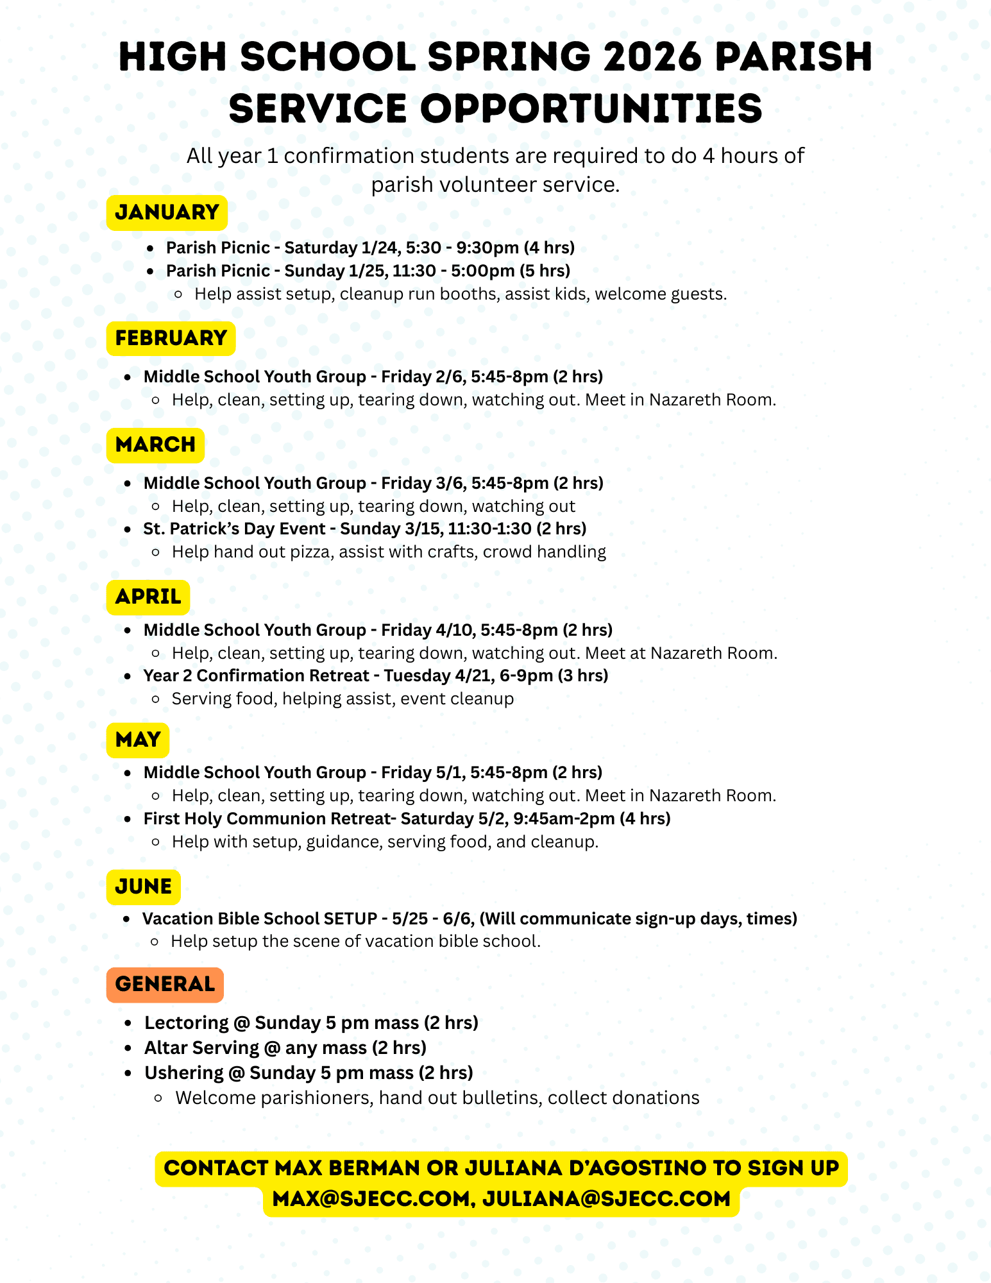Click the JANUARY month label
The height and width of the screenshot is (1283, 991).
[167, 212]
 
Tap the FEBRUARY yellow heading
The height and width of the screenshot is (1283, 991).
[171, 338]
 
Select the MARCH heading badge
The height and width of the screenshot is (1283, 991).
[155, 445]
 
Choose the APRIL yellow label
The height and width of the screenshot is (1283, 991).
[148, 597]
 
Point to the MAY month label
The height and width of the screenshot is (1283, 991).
[138, 740]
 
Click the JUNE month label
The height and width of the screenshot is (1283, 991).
[144, 887]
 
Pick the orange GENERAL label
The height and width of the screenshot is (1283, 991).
[165, 984]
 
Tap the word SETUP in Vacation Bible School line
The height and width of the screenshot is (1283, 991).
[350, 919]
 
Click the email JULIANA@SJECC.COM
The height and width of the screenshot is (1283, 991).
[606, 1199]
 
